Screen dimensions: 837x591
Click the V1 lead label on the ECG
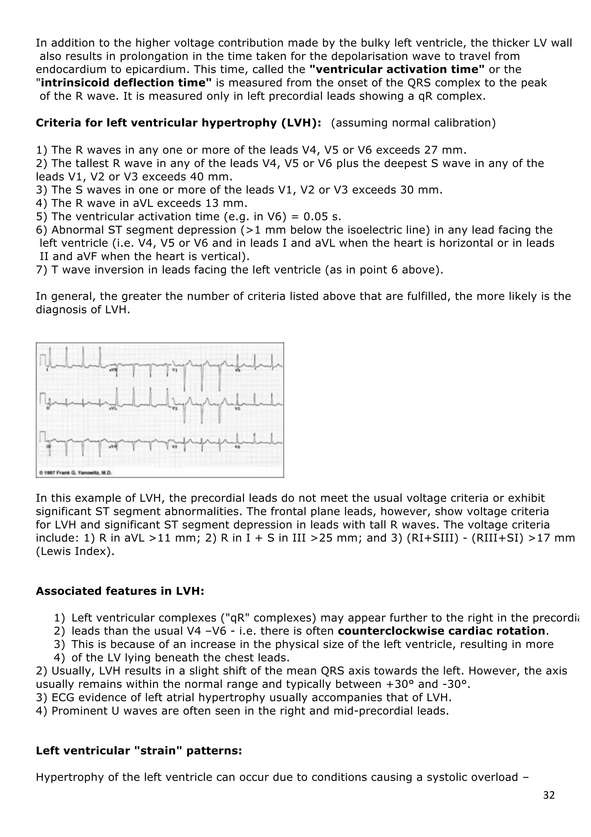point(174,370)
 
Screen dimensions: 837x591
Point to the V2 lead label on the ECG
point(174,409)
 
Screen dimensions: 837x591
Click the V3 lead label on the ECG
point(174,447)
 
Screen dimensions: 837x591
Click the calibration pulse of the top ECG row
point(43,360)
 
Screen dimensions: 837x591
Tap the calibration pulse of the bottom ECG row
point(43,437)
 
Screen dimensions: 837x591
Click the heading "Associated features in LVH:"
point(120,591)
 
